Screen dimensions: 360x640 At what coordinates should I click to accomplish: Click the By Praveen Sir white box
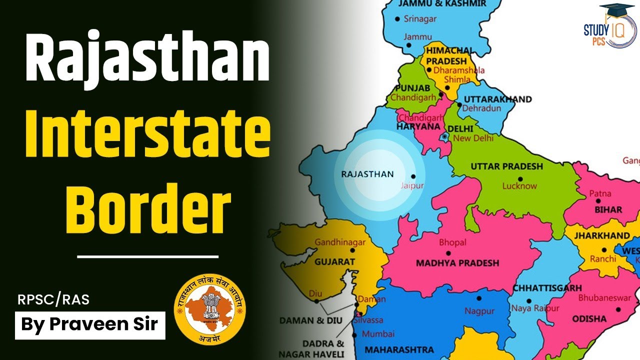tap(90, 324)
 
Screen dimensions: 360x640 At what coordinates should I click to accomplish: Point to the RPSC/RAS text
tap(54, 300)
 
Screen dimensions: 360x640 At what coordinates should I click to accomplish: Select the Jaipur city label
tap(412, 185)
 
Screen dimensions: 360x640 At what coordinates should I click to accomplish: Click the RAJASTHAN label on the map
tap(367, 174)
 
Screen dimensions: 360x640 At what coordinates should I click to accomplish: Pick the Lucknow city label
tap(520, 186)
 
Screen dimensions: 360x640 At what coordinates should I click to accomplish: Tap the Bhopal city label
tap(452, 242)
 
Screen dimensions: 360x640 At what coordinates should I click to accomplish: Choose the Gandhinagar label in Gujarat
tap(340, 242)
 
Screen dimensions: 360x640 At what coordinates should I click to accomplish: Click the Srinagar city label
tap(419, 19)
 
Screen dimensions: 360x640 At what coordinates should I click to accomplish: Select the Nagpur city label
tap(478, 310)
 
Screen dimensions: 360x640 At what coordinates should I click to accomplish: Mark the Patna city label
tap(600, 193)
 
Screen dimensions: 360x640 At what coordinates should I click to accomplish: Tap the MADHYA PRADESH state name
tap(457, 262)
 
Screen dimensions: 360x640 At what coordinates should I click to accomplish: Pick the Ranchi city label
tap(603, 259)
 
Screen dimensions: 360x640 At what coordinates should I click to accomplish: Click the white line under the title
tap(148, 256)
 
